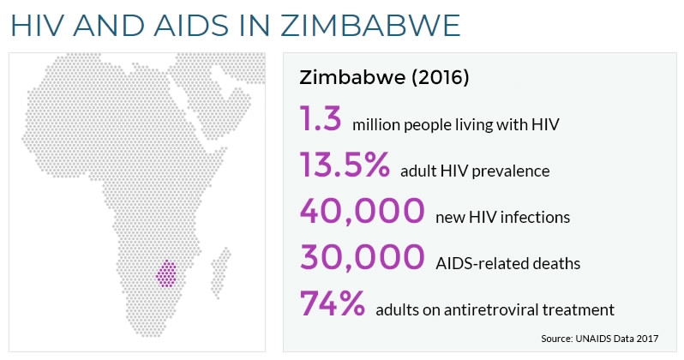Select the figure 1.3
point(321,119)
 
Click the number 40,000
point(362,212)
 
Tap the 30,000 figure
point(362,258)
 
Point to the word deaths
point(552,263)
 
